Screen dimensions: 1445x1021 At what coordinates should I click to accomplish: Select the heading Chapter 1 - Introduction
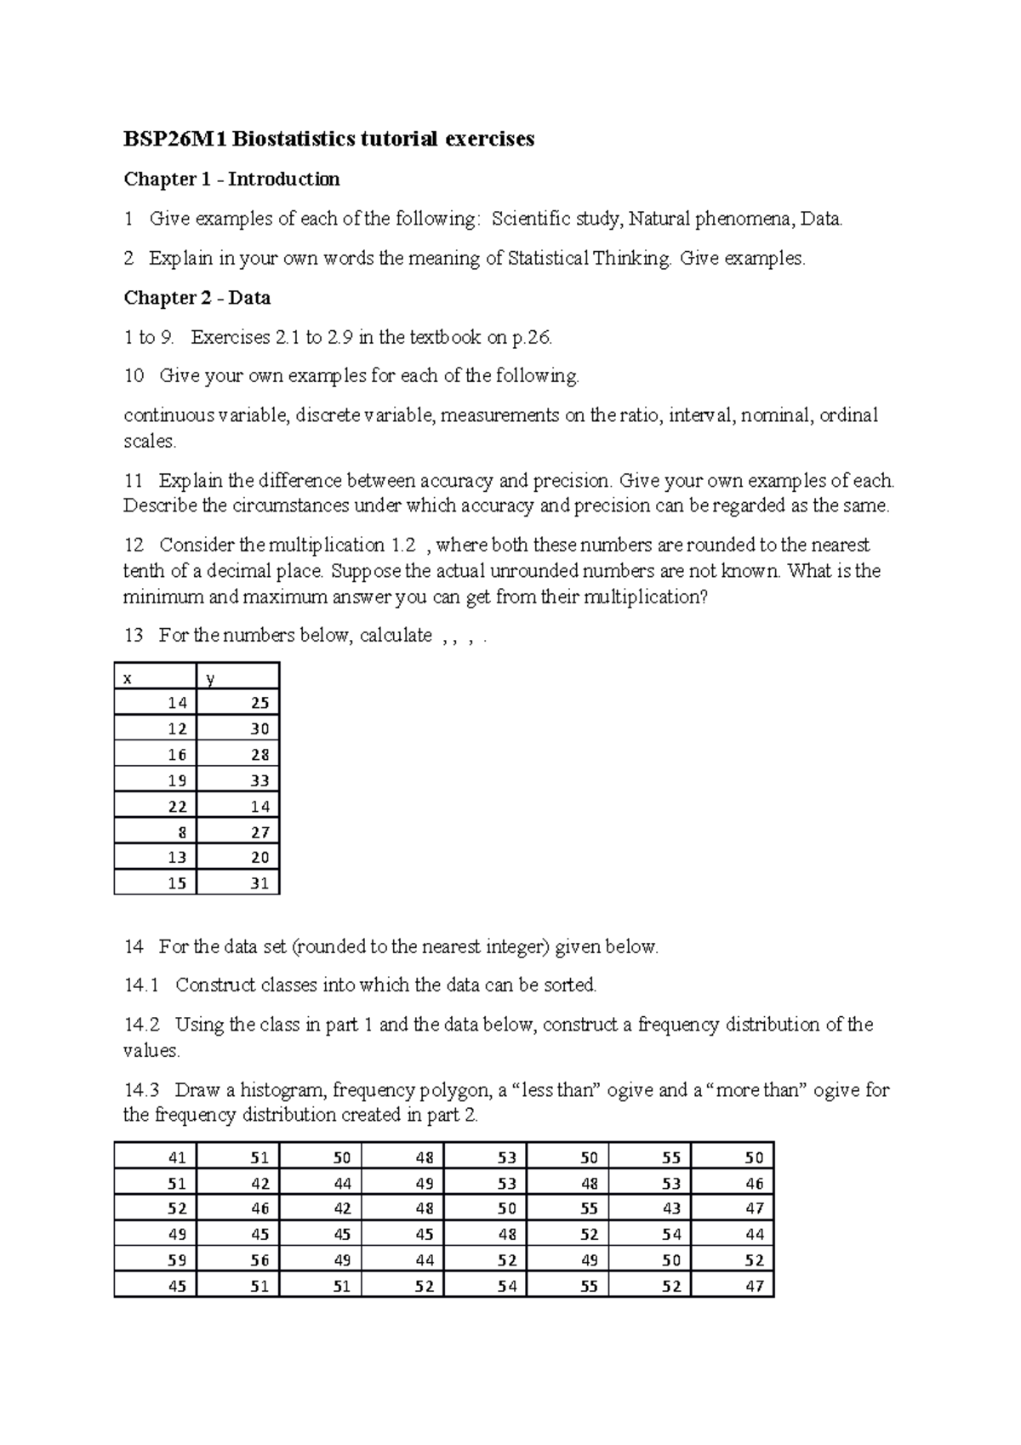pyautogui.click(x=231, y=179)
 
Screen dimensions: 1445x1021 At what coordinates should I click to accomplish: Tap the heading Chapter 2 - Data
pyautogui.click(x=197, y=298)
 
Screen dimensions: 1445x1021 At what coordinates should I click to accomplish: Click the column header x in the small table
pyautogui.click(x=128, y=678)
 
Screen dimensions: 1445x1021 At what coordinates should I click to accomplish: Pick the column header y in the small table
pyautogui.click(x=210, y=678)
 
